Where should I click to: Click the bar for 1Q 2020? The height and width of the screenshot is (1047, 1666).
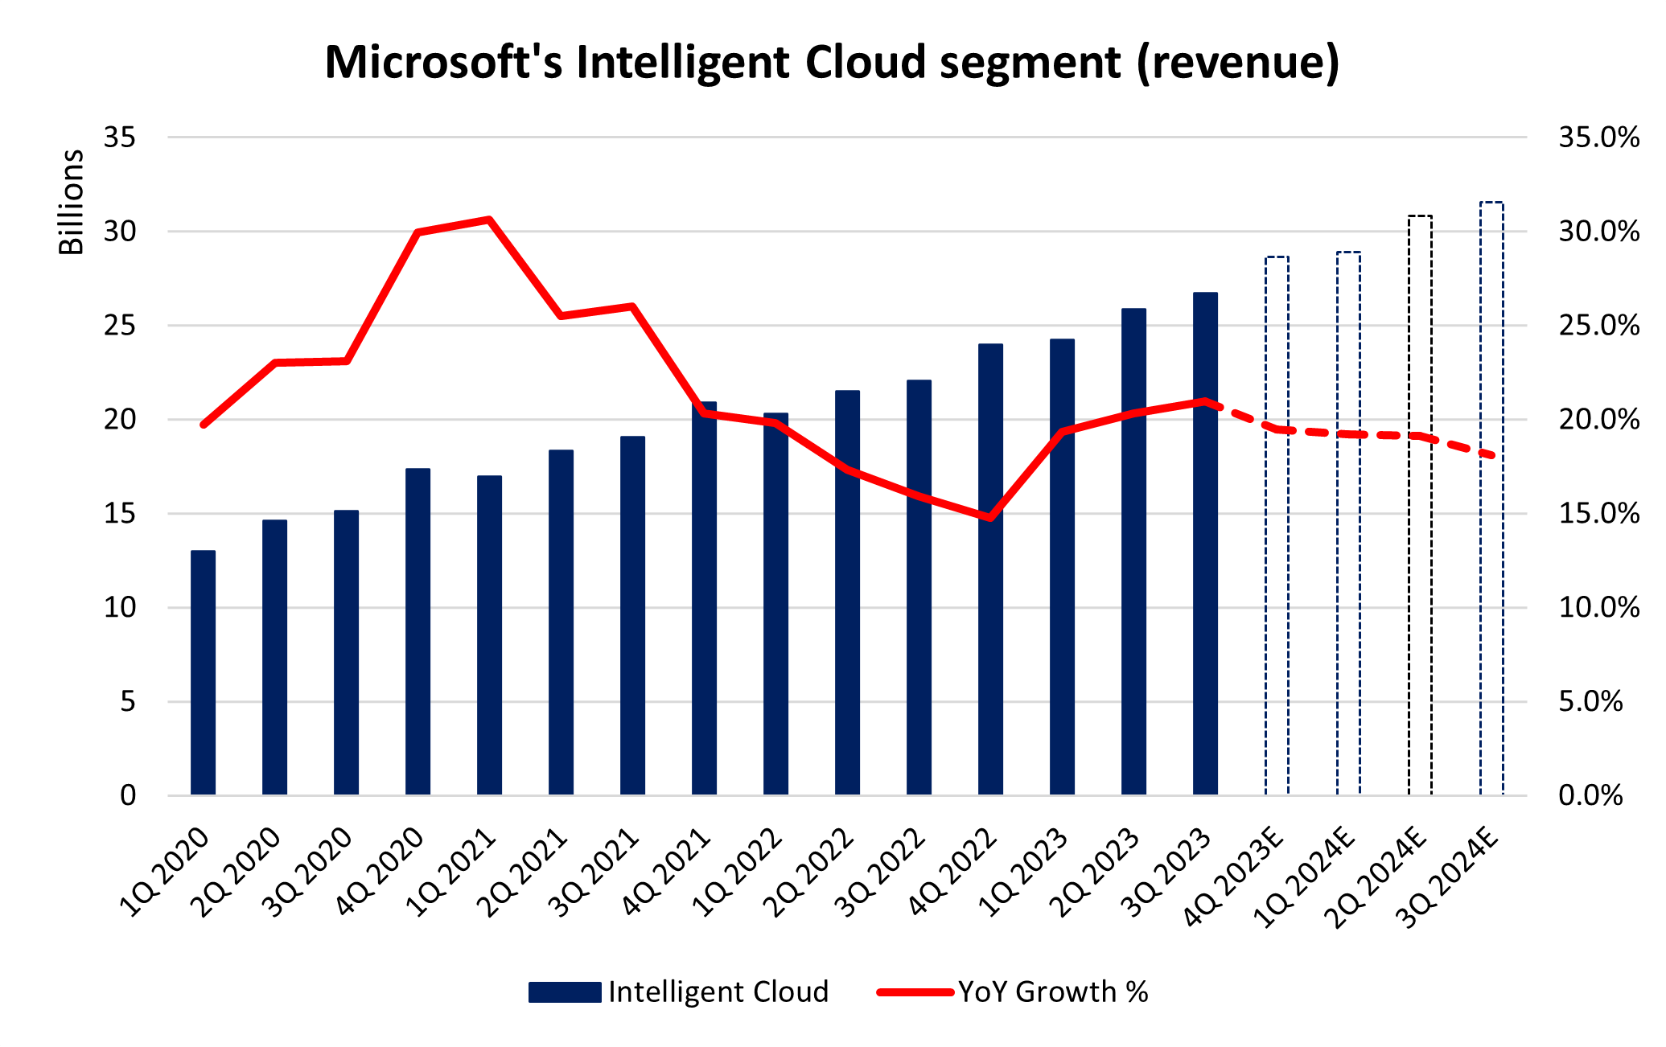click(203, 673)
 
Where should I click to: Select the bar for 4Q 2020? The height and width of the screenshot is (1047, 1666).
click(418, 632)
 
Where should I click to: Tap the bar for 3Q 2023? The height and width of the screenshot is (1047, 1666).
click(1205, 544)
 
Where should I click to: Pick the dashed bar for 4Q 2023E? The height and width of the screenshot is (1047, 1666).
click(1277, 526)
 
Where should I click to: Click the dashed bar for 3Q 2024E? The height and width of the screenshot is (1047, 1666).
click(1491, 499)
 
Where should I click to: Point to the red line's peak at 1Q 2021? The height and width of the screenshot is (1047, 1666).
click(489, 219)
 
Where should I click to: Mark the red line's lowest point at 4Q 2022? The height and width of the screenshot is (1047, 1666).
click(990, 518)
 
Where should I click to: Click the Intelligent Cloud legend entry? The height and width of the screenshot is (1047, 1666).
click(678, 992)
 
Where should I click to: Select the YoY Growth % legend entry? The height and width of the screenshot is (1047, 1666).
click(1014, 992)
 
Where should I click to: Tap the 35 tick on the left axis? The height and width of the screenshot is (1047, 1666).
click(120, 138)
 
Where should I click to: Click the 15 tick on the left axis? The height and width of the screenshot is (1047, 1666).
click(120, 513)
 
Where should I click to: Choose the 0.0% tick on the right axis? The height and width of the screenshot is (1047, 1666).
click(1590, 795)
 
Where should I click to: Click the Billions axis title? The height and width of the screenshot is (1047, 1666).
click(71, 202)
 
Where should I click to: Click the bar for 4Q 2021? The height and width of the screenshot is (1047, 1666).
click(704, 598)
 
